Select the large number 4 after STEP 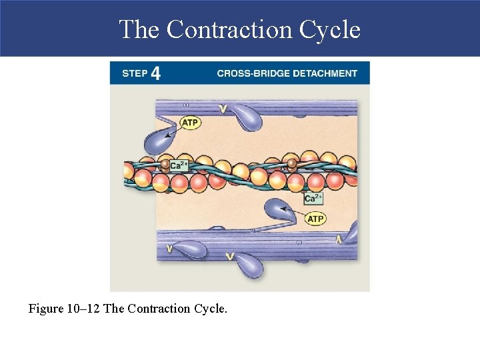(155, 73)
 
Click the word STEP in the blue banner (135, 73)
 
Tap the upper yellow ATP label (190, 123)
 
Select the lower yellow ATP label (315, 219)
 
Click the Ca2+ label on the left (179, 165)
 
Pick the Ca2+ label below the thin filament (313, 198)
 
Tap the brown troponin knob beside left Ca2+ (164, 163)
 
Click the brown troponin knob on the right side (291, 163)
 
